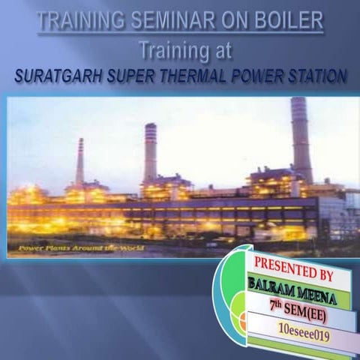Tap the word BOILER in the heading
288,19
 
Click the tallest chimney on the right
300,139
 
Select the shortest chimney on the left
79,161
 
